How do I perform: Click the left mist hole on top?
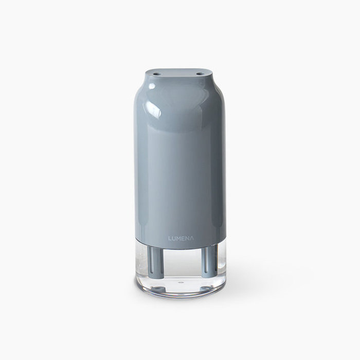(156, 74)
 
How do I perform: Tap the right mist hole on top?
(200, 74)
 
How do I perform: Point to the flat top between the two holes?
(178, 74)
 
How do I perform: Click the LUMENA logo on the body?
(181, 238)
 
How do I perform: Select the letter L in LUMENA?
(170, 238)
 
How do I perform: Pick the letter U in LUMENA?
(174, 238)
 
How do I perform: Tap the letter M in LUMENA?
(178, 238)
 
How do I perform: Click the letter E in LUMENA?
(183, 238)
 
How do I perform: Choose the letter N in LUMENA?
(187, 238)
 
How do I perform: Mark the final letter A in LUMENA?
(192, 238)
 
